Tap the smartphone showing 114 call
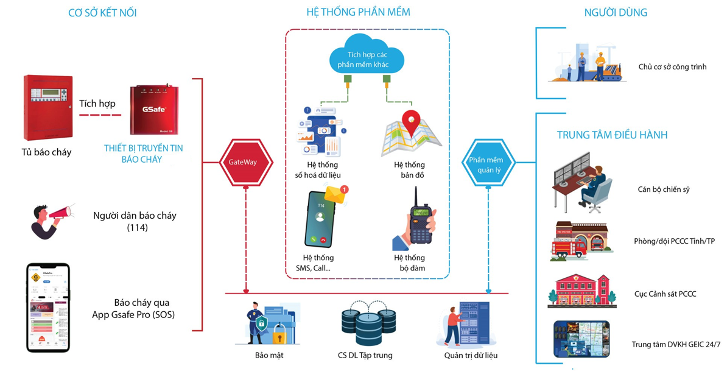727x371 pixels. [x=320, y=219]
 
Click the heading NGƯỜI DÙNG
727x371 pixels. [x=615, y=12]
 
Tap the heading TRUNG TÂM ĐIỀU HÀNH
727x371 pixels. [x=612, y=135]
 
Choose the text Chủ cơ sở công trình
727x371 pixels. [x=672, y=67]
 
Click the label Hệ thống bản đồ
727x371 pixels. [x=409, y=170]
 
